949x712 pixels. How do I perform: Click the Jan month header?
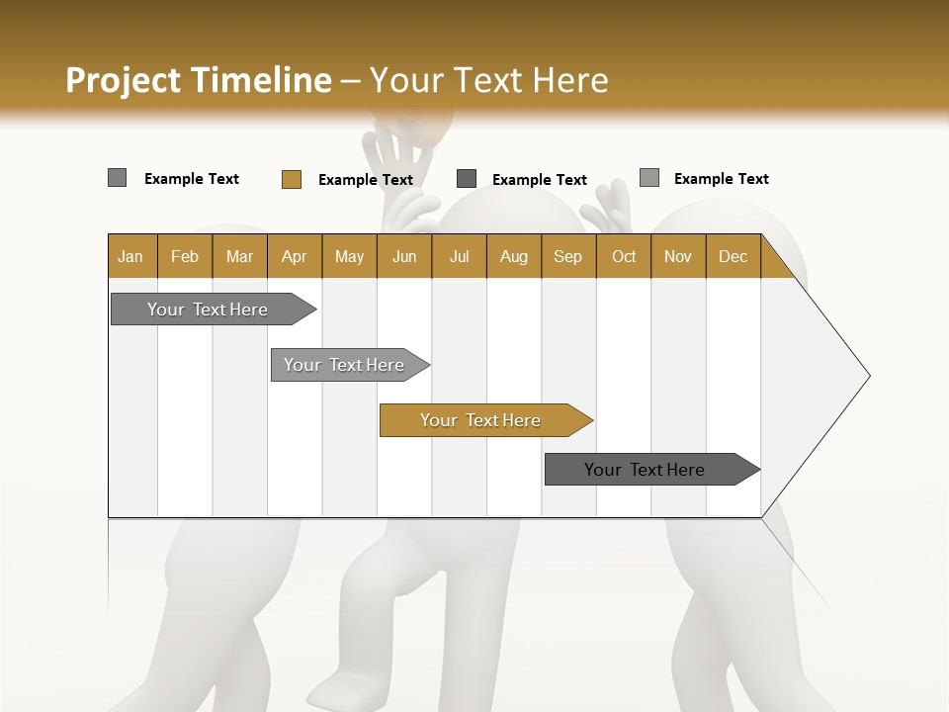point(130,256)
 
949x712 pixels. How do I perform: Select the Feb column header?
point(185,256)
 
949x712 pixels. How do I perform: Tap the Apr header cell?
point(294,256)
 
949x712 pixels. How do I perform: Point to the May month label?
point(349,256)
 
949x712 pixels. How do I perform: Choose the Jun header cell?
point(404,256)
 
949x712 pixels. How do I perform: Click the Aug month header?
point(513,256)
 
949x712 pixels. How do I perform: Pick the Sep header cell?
point(567,256)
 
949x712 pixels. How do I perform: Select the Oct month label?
point(624,256)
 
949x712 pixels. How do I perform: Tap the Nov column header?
point(677,256)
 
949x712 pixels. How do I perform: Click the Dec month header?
point(733,256)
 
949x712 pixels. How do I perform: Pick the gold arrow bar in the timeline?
point(482,420)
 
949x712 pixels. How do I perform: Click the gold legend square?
point(291,179)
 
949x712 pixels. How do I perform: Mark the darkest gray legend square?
point(467,179)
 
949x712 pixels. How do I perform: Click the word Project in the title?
point(123,80)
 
